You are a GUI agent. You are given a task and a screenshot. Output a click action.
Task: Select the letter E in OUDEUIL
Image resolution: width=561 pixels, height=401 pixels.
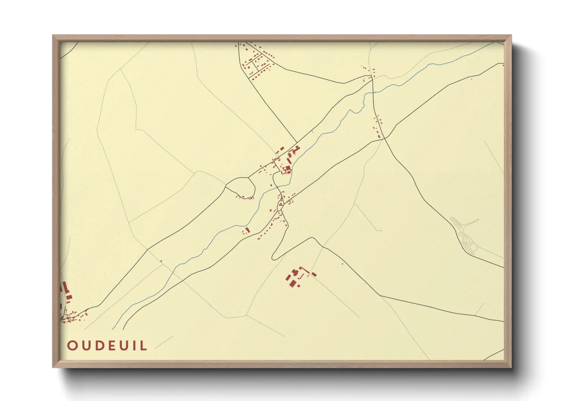pos(109,346)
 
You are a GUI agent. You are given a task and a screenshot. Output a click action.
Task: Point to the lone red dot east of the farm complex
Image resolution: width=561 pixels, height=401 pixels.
pos(342,263)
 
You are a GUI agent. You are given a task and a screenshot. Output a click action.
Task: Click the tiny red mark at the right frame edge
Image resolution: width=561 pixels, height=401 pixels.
pos(503,65)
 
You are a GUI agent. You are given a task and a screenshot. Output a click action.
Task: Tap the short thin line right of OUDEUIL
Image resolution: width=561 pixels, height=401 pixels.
pos(164,342)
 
